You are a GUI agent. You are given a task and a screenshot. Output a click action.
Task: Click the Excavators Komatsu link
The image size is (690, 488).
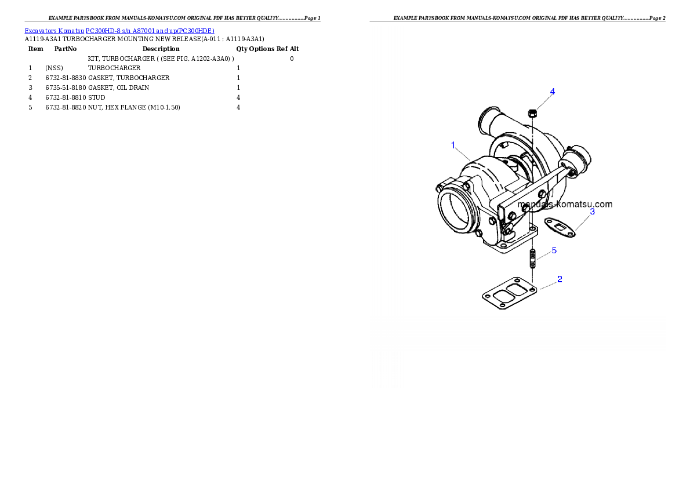54,31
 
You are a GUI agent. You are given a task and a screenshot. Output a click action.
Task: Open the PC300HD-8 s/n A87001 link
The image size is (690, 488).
150,31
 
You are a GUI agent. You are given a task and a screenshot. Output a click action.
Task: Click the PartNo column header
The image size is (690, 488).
66,49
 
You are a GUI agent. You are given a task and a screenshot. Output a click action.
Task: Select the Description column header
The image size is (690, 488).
161,49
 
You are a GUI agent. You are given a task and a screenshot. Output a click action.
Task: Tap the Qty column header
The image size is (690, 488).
242,49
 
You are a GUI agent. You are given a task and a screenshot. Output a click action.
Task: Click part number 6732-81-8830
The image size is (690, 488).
66,78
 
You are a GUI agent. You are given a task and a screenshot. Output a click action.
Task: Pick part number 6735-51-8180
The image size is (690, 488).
66,88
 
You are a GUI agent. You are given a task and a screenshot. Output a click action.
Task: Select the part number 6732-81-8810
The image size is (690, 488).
66,98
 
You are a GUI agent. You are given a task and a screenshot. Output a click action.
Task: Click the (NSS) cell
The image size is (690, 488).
54,68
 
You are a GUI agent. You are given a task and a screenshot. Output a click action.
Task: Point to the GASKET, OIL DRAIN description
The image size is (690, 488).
118,88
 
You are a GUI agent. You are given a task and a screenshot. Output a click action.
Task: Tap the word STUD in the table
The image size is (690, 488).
96,98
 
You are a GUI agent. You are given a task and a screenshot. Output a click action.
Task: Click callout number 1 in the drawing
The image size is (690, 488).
453,145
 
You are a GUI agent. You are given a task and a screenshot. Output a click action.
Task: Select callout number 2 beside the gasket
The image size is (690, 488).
560,279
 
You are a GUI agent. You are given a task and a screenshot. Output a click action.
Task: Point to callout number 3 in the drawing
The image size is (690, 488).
593,212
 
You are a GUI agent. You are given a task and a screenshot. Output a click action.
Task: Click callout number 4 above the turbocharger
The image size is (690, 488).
553,92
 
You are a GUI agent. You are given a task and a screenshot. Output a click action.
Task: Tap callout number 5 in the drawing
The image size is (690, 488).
554,250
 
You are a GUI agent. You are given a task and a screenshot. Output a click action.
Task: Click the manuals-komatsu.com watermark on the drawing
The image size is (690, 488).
565,204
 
